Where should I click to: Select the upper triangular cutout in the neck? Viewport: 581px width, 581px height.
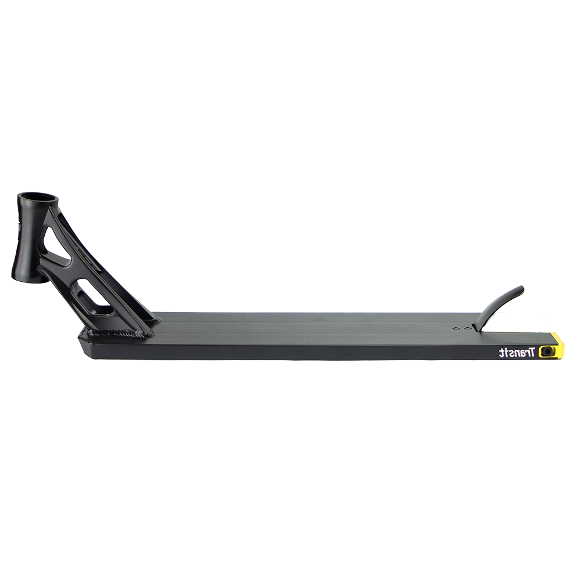[56, 246]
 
